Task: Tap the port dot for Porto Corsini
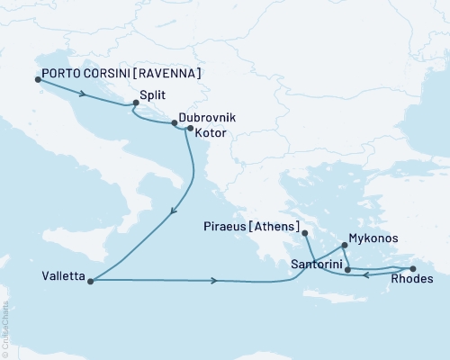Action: tap(38, 78)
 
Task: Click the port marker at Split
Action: tap(134, 103)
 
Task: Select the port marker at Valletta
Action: tap(91, 280)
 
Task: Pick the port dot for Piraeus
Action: tap(305, 234)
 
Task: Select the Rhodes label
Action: tap(413, 280)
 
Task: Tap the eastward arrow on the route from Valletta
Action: tap(214, 281)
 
